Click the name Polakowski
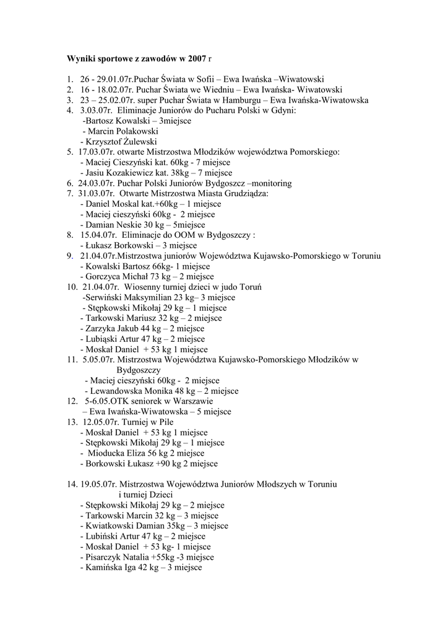point(132,131)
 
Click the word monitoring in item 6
point(273,183)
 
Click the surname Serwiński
point(105,298)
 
